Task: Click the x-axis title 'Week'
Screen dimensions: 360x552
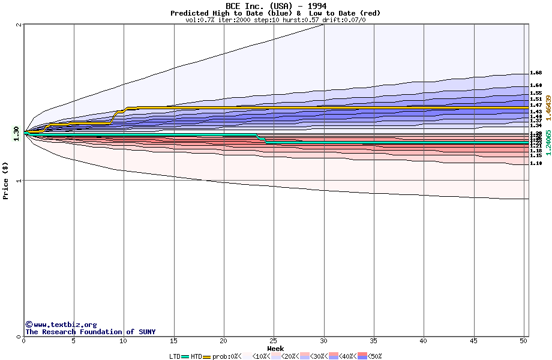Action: (275, 349)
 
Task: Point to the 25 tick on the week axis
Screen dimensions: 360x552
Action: (274, 341)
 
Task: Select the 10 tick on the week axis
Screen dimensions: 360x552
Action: (124, 341)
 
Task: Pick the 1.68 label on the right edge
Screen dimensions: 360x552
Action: (536, 73)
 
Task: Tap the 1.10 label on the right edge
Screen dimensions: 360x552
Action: (536, 163)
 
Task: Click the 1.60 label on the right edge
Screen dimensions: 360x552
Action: (536, 86)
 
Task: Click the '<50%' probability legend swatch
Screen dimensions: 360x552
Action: (362, 356)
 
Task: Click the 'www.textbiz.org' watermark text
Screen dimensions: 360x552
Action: (65, 325)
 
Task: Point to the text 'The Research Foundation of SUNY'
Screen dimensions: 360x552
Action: (90, 332)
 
